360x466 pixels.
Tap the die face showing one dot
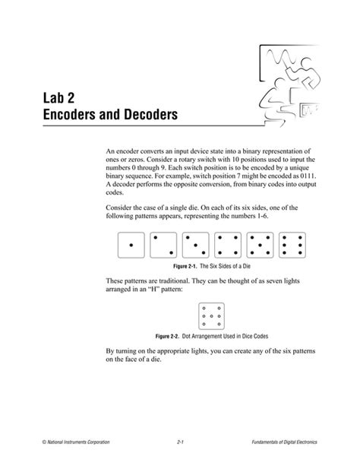[x=133, y=245]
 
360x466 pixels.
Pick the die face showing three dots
[x=196, y=245]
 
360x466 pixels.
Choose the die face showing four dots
[x=228, y=245]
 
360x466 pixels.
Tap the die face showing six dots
[x=291, y=245]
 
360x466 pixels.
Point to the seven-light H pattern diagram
[x=211, y=315]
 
